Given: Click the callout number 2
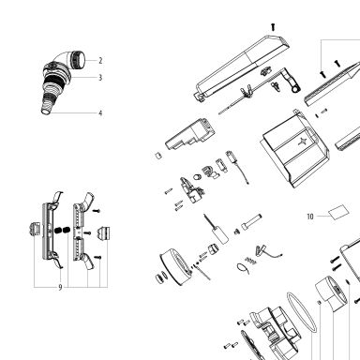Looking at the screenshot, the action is (100, 61).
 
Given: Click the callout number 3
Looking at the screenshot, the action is (100, 78).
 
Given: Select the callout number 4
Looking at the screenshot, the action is (100, 113).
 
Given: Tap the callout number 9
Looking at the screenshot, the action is (60, 288).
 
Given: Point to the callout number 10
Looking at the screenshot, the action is (310, 217).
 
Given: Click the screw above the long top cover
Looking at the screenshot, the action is (273, 27).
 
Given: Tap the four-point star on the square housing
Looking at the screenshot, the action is (303, 142).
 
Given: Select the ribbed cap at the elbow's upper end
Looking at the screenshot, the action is (78, 60).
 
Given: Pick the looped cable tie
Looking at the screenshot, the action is (243, 268).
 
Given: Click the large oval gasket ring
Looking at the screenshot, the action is (302, 312).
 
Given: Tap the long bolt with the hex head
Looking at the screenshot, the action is (251, 221).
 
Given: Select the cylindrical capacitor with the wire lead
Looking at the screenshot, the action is (218, 231).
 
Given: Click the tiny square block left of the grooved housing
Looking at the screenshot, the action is (158, 156).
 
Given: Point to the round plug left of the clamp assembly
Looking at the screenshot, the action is (34, 230).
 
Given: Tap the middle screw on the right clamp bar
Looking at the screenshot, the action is (87, 233).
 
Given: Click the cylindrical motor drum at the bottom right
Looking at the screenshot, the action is (331, 294).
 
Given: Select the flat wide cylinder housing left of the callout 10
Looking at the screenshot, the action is (175, 267).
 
